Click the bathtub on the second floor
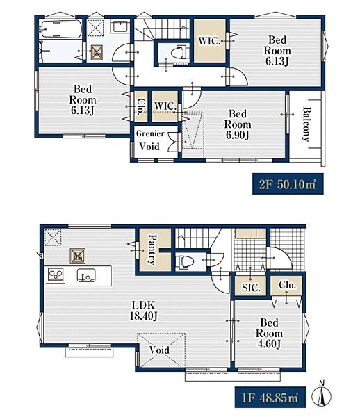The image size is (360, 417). (60, 29)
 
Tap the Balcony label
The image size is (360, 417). (306, 124)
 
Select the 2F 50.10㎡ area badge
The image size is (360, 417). (288, 183)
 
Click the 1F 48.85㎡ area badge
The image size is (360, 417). (270, 398)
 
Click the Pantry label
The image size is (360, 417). (152, 250)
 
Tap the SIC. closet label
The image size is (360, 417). (251, 287)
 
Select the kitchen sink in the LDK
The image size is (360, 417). (86, 275)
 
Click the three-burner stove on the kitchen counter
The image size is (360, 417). (56, 275)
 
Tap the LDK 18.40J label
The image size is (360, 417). (144, 311)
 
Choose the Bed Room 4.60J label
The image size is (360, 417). (269, 333)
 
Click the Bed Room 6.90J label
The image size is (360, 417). (238, 124)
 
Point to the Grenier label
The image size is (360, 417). (150, 133)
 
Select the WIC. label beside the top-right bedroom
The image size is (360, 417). (209, 41)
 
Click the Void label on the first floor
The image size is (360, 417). (159, 350)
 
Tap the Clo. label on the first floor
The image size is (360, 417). (288, 285)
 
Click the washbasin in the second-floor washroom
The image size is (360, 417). (121, 26)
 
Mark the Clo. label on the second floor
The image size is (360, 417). (142, 106)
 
